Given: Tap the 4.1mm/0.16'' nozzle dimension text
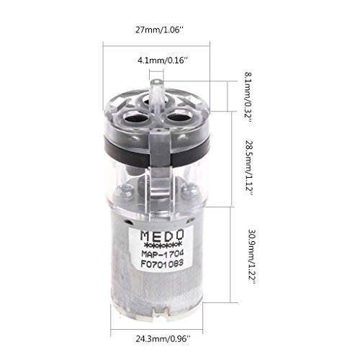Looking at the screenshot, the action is [162, 60].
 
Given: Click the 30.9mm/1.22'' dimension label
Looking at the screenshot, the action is [252, 257].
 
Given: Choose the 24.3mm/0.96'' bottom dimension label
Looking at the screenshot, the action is [163, 339].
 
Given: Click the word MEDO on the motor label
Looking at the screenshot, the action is [162, 235].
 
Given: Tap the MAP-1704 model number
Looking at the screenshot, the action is [163, 253].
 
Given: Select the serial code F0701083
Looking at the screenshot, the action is [162, 264].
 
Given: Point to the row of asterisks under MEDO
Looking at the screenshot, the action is [162, 245].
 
